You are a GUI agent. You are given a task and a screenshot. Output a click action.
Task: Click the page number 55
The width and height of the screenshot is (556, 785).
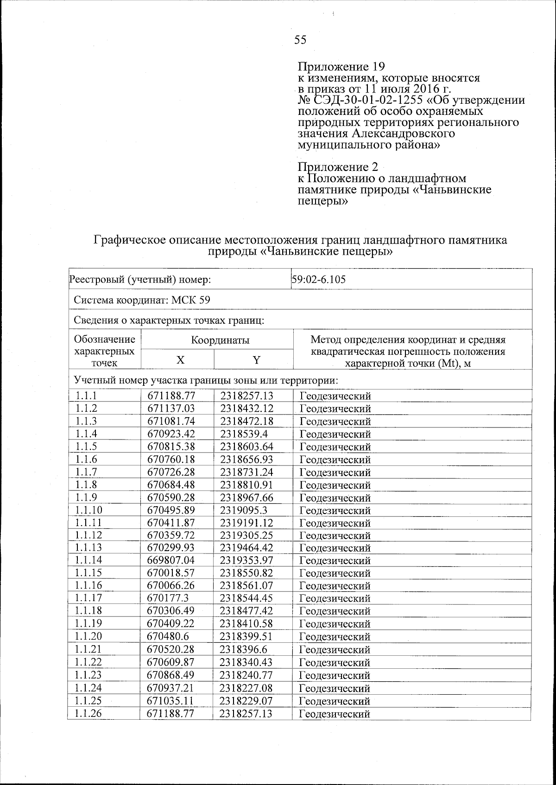pos(300,40)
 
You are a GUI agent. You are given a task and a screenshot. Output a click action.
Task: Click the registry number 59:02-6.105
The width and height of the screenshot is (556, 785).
pos(319,279)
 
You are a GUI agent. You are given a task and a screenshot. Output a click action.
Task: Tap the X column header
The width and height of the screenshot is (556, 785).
pos(180,361)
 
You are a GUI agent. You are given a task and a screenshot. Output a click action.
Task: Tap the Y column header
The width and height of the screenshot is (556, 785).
pos(256,361)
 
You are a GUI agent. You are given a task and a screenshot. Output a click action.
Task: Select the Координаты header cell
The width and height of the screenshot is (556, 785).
pos(220,340)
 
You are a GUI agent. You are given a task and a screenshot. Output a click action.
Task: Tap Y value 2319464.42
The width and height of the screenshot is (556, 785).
pos(246,547)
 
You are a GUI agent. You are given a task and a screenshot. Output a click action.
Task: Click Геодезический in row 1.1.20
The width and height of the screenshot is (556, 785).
pos(335,637)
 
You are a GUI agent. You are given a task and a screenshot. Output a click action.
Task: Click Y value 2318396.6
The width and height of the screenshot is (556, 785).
pos(244,649)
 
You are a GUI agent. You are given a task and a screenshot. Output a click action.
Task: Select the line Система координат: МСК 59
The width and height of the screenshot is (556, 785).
pos(142,300)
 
